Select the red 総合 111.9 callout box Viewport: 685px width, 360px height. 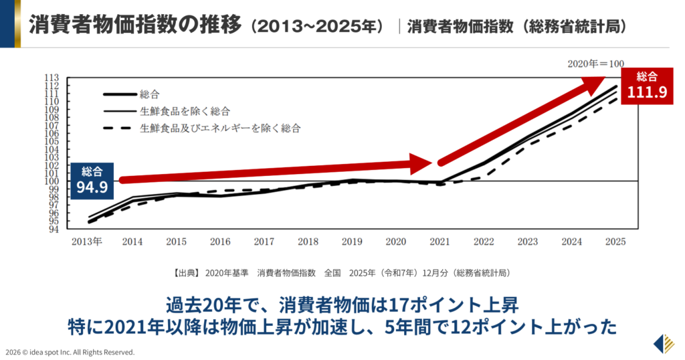pyautogui.click(x=646, y=85)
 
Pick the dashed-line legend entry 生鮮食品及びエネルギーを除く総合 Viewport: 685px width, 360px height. pyautogui.click(x=220, y=127)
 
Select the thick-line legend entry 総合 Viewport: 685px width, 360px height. pyautogui.click(x=150, y=94)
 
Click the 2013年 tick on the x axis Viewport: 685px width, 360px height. pyautogui.click(x=88, y=242)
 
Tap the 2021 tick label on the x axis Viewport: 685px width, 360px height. pyautogui.click(x=439, y=242)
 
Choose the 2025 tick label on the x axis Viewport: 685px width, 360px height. pyautogui.click(x=615, y=242)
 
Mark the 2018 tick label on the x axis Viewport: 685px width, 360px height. pyautogui.click(x=308, y=242)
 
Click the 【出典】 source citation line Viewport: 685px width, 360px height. pyautogui.click(x=342, y=273)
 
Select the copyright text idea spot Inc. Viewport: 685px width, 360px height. pyautogui.click(x=70, y=352)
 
